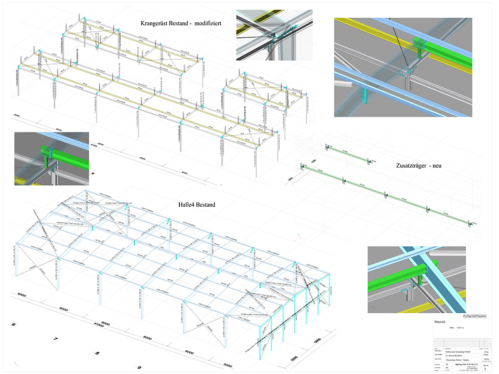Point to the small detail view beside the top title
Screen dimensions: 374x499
click(274, 33)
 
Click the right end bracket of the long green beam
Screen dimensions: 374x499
click(470, 224)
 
